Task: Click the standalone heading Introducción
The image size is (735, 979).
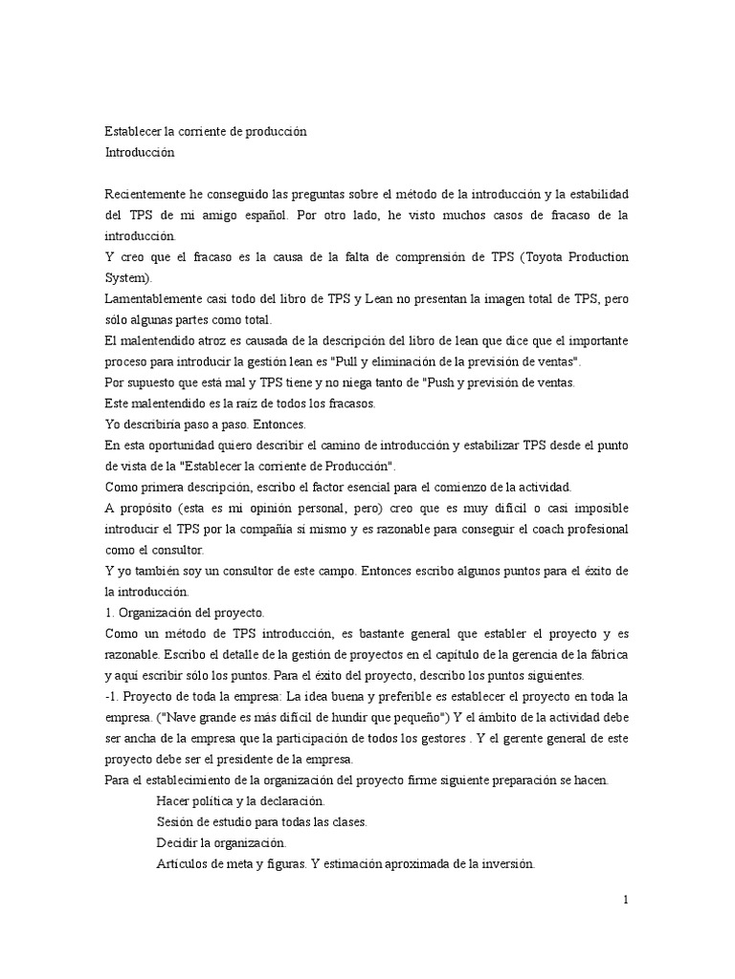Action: pos(140,151)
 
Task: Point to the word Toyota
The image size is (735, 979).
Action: pos(548,257)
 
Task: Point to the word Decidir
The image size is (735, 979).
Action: pos(178,844)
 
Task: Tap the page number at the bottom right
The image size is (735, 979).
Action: pos(625,900)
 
